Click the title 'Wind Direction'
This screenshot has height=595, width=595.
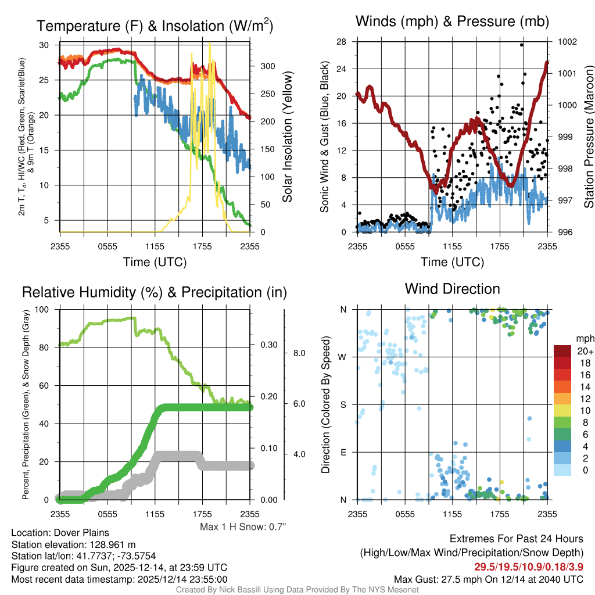coord(452,289)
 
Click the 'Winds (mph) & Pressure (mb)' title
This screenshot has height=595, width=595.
coord(452,22)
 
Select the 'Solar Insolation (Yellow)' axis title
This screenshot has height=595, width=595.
coord(287,137)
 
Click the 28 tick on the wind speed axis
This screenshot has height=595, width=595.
coord(341,42)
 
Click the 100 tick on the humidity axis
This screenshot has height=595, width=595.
coord(45,309)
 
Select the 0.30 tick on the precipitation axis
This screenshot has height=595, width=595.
coord(269,345)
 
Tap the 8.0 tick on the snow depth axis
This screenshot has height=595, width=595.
coord(299,353)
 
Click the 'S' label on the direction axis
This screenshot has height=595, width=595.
coord(342,404)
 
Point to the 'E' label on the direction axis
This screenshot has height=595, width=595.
coord(342,451)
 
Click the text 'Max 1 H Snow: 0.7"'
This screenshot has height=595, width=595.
coord(243,527)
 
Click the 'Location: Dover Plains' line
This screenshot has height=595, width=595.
coord(60,533)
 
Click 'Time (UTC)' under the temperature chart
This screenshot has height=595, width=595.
coord(155,262)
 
